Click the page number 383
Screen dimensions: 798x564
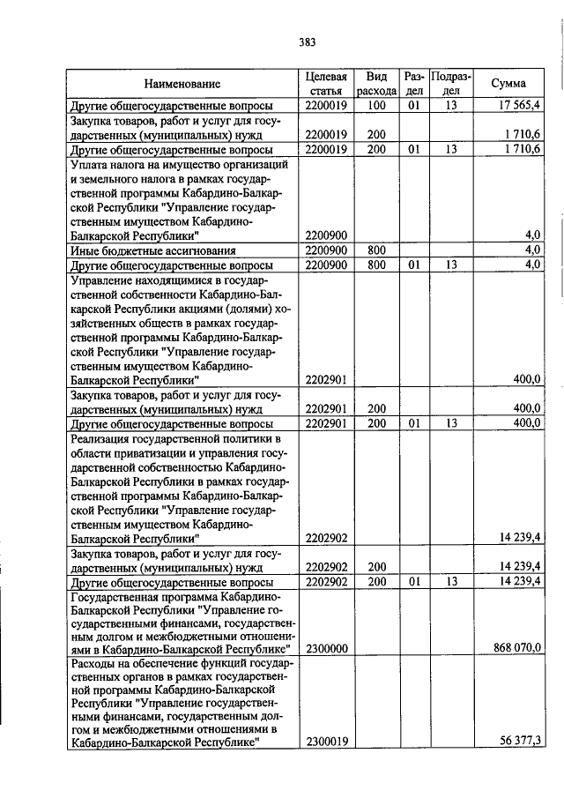point(307,41)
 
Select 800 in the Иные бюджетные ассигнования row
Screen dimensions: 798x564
point(376,250)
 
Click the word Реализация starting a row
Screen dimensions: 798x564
point(103,438)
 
